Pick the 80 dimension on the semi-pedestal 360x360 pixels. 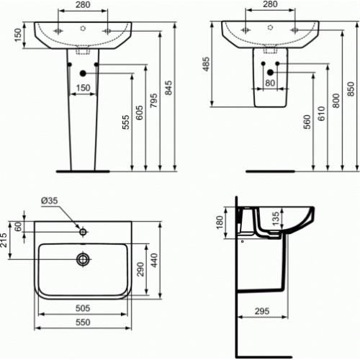(269, 82)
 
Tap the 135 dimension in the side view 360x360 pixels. (274, 217)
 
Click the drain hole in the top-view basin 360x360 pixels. (83, 257)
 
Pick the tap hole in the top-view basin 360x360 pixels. (83, 232)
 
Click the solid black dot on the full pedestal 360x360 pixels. (84, 72)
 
